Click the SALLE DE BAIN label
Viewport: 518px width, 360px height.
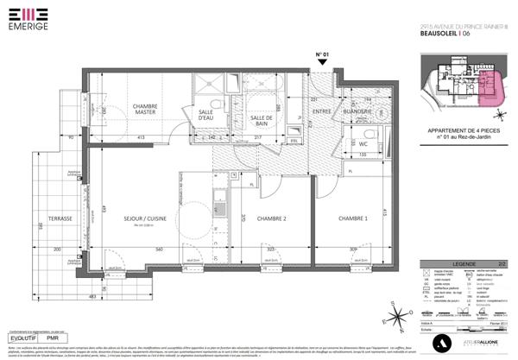(x=262, y=122)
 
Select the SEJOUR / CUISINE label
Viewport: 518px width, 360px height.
(x=144, y=218)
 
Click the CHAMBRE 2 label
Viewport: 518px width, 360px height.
(x=271, y=218)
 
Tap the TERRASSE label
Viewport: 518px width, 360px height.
(x=60, y=218)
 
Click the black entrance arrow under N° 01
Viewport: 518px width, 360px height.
(x=323, y=66)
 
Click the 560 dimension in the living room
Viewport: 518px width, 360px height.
(x=159, y=249)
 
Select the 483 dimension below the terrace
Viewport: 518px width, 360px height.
(x=92, y=297)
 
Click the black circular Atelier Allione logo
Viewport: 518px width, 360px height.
(x=443, y=343)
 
